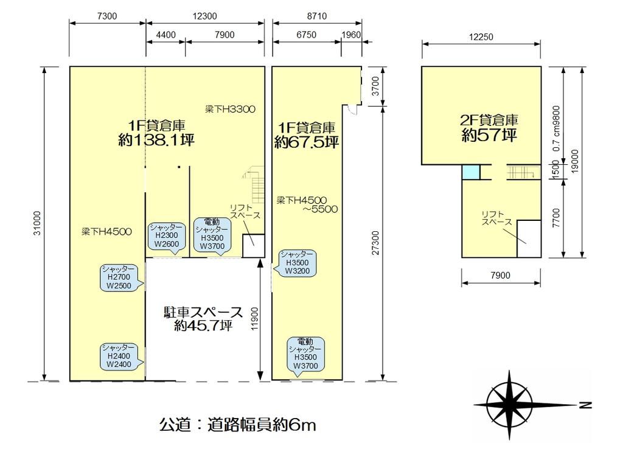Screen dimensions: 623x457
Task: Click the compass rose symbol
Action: coord(509,405)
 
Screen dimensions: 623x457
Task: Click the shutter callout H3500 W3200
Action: coord(296,263)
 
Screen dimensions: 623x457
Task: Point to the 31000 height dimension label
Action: coord(37,223)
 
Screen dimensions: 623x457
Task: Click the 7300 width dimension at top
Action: coord(107,16)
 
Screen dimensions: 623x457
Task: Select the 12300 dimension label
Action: coord(204,16)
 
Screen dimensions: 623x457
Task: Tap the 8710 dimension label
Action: coord(316,16)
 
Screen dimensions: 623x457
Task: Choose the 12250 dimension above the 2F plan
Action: coord(481,37)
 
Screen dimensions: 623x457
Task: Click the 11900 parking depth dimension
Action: coord(255,319)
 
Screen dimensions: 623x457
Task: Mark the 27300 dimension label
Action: coord(375,243)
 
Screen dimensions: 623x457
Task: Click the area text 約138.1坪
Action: coord(156,140)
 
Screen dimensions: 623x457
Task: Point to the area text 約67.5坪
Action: coord(307,141)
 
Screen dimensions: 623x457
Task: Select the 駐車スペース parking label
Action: coord(203,312)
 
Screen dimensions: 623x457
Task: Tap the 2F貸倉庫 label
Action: coord(489,120)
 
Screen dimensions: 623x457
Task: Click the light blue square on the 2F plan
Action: coord(472,172)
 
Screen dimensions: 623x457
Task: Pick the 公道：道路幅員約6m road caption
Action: coord(238,425)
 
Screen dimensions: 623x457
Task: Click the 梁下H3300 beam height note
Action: coord(230,109)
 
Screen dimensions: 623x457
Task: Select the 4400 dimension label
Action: coord(165,35)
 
